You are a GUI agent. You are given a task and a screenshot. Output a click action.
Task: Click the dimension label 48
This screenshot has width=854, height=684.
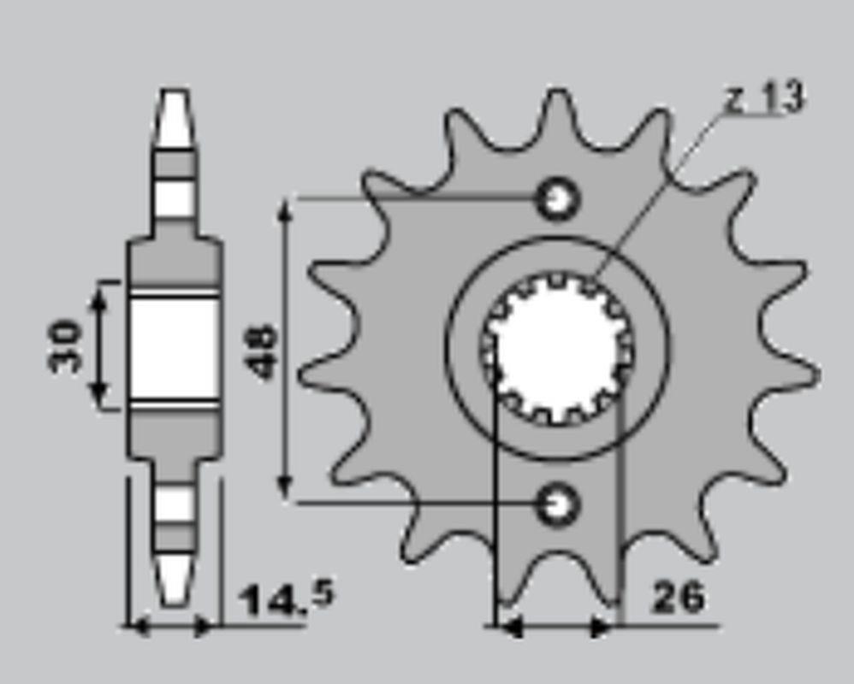[263, 351]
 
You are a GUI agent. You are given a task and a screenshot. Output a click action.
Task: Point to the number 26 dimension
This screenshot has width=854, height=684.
[678, 597]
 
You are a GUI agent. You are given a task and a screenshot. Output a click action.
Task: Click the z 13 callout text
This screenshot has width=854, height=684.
[765, 98]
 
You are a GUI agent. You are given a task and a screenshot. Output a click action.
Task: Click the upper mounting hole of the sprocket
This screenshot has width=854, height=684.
[556, 199]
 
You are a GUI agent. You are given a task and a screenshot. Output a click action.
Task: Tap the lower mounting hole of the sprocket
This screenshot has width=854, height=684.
[556, 505]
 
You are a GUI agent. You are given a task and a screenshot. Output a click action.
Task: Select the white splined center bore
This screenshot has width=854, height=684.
[556, 348]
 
